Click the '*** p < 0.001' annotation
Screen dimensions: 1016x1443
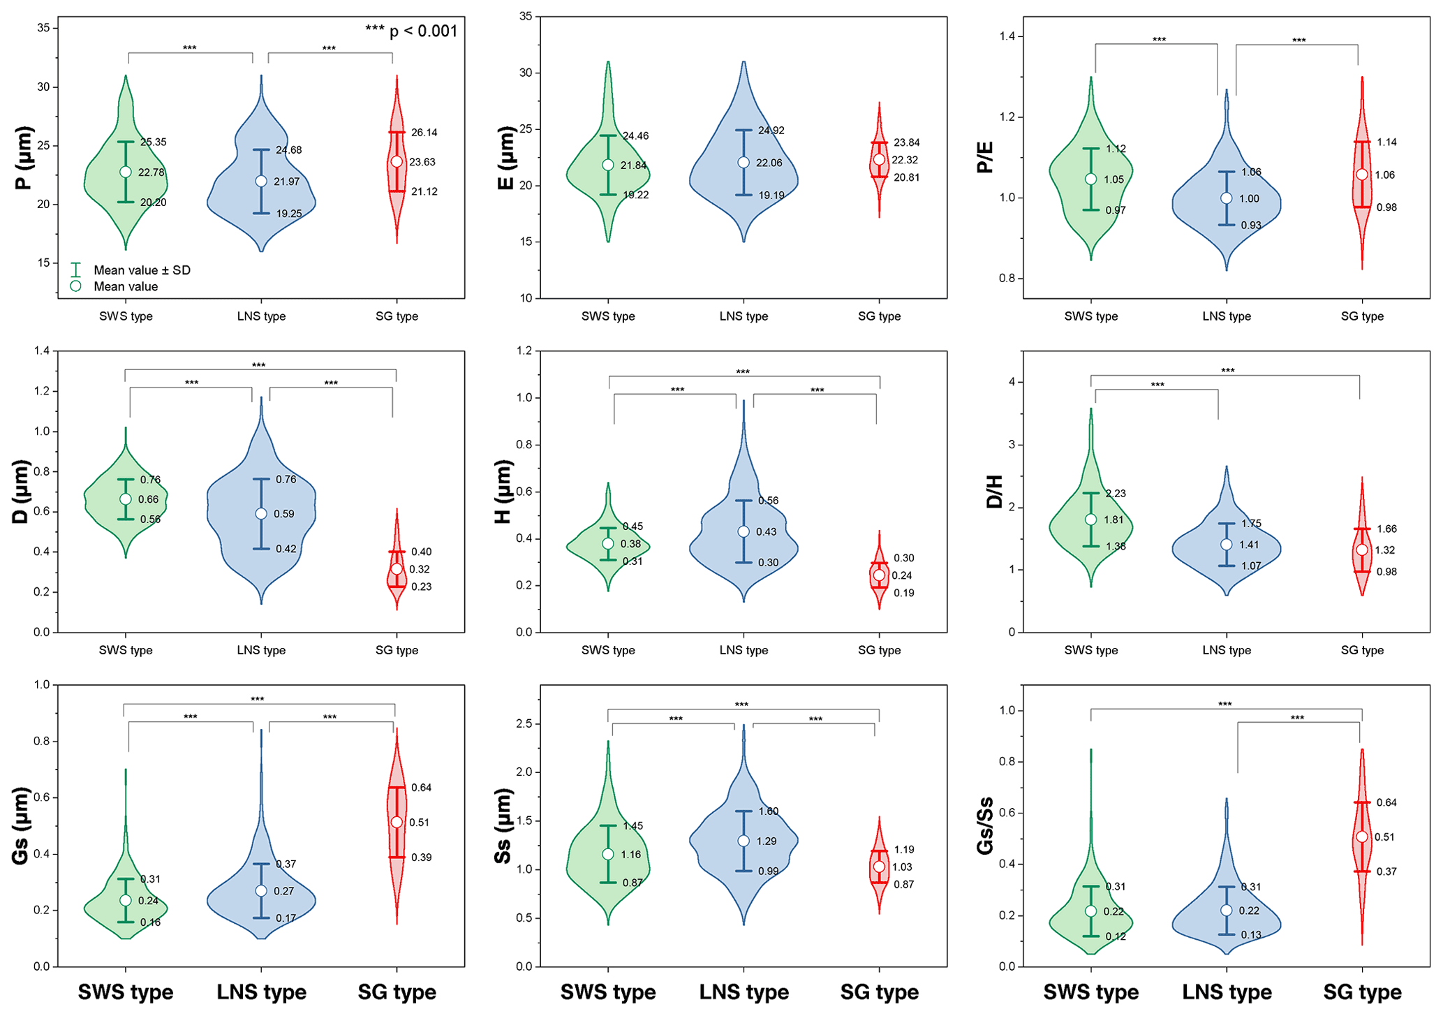[x=411, y=31]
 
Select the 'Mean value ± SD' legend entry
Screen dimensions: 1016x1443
[x=142, y=270]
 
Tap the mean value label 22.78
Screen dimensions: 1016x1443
[x=151, y=172]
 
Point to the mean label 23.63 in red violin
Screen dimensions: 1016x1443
[x=422, y=162]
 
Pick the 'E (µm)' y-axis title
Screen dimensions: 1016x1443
[x=505, y=159]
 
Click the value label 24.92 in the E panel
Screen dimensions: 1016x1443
[x=771, y=131]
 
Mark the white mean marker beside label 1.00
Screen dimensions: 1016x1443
[x=1226, y=198]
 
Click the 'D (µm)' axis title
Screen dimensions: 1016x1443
[x=21, y=492]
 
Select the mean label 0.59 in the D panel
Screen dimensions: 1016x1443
[x=283, y=514]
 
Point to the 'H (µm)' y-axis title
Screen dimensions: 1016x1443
[x=503, y=492]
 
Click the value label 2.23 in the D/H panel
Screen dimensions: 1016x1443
[x=1116, y=494]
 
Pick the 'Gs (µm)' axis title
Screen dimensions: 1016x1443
[x=21, y=826]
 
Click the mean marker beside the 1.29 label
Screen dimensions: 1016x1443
[x=743, y=841]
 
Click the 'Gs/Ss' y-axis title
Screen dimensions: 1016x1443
[x=985, y=826]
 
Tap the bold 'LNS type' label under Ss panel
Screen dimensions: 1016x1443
[x=743, y=992]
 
